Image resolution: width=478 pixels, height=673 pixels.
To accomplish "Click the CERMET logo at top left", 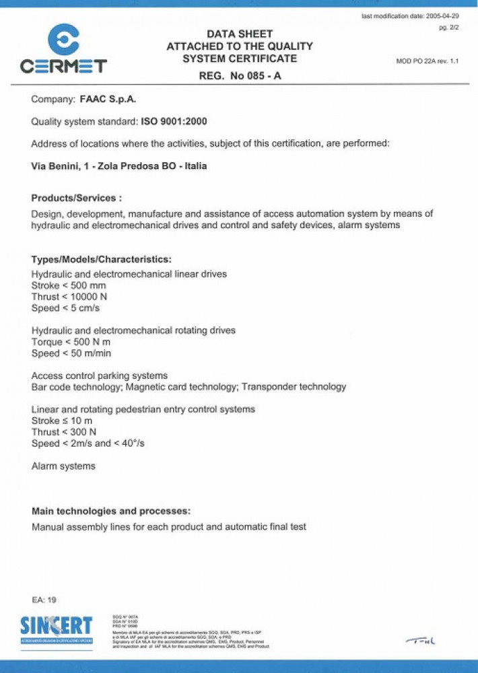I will point(63,48).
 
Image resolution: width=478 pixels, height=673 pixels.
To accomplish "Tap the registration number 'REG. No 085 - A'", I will point(240,76).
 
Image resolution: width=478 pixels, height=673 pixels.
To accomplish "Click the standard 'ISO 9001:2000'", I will point(174,122).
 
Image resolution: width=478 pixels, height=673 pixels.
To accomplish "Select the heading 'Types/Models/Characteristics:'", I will point(102,259).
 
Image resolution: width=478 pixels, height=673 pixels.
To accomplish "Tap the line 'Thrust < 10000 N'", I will point(69,297).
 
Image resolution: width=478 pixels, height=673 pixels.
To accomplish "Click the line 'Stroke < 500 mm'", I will point(69,285).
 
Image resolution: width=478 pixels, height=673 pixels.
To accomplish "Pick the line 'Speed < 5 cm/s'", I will point(65,308).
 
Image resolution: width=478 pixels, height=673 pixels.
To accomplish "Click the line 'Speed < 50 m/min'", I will point(71,353).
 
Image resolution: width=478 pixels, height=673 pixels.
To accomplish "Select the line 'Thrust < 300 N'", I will point(64,432).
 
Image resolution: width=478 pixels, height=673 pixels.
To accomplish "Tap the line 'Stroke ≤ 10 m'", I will point(62,421).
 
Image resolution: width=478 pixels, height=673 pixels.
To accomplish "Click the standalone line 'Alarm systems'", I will point(63,466).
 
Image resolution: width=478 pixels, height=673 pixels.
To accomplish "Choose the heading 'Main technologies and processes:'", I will point(111,511).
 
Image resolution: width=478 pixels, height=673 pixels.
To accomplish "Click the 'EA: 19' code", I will point(44,599).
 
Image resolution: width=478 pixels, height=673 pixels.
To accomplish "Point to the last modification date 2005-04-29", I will point(410,15).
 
